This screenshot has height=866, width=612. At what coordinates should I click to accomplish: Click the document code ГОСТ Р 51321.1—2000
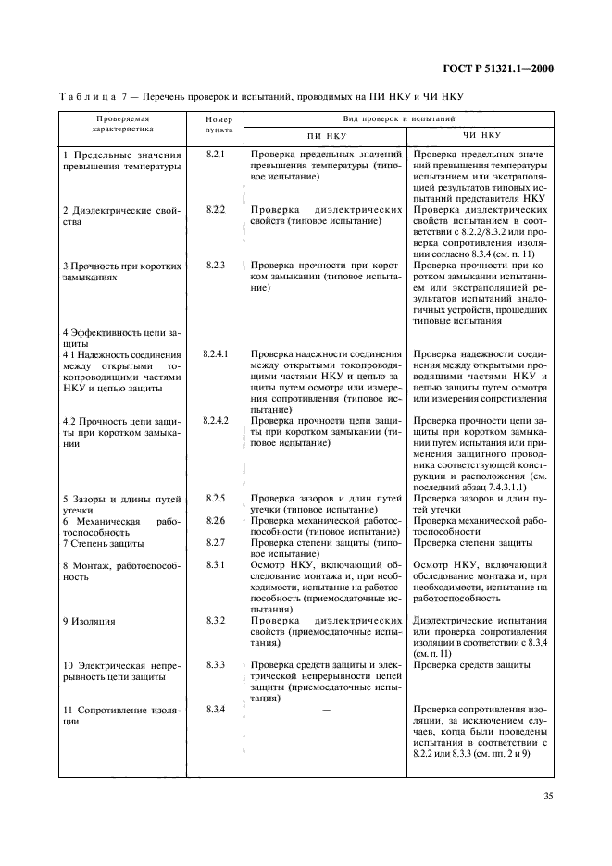pyautogui.click(x=500, y=67)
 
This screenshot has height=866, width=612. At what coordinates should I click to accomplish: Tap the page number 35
pyautogui.click(x=549, y=795)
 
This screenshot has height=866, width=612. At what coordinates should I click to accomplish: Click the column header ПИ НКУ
pyautogui.click(x=325, y=135)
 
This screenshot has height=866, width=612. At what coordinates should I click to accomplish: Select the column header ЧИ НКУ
pyautogui.click(x=481, y=135)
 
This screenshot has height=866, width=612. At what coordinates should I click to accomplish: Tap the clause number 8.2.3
pyautogui.click(x=217, y=266)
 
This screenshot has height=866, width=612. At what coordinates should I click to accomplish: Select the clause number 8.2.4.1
pyautogui.click(x=218, y=354)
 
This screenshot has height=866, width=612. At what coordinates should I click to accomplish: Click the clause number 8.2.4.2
pyautogui.click(x=218, y=421)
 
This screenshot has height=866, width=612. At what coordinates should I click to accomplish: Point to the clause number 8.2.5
pyautogui.click(x=217, y=499)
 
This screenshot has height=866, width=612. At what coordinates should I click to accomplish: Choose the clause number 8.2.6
pyautogui.click(x=217, y=521)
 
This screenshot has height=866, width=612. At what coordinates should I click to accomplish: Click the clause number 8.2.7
pyautogui.click(x=217, y=543)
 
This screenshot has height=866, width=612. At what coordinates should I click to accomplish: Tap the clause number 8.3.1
pyautogui.click(x=217, y=565)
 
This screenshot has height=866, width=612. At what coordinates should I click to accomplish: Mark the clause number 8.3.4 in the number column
pyautogui.click(x=217, y=710)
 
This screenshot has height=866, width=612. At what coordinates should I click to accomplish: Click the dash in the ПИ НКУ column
pyautogui.click(x=325, y=710)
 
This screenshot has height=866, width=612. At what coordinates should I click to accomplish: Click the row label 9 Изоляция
pyautogui.click(x=89, y=621)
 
